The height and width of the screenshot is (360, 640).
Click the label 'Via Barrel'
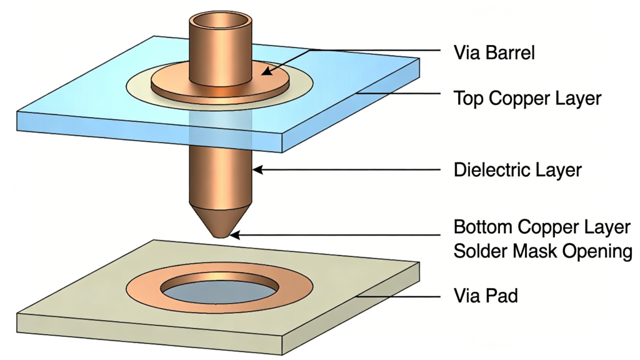pyautogui.click(x=494, y=52)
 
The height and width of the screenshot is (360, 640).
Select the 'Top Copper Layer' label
pyautogui.click(x=527, y=98)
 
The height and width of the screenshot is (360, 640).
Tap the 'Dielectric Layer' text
pyautogui.click(x=518, y=169)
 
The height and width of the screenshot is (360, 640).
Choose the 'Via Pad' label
pyautogui.click(x=485, y=296)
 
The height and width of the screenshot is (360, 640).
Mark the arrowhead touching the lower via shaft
pyautogui.click(x=256, y=169)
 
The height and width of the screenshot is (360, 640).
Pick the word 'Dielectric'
pyautogui.click(x=490, y=169)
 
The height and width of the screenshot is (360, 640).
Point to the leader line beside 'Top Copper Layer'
pyautogui.click(x=400, y=94)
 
